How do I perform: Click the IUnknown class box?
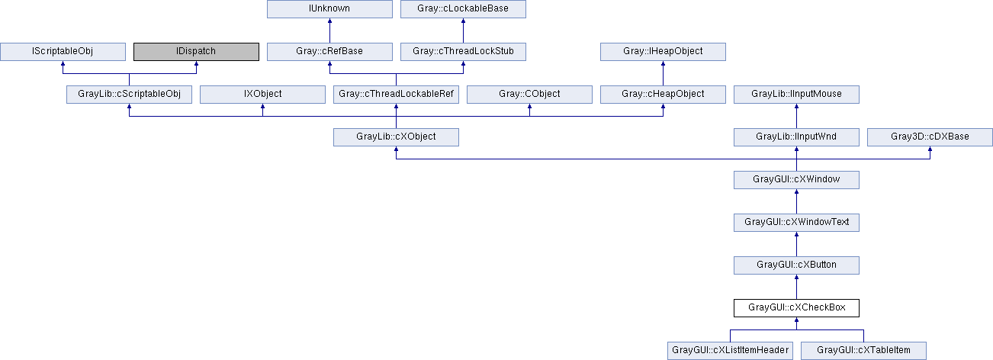coord(329,9)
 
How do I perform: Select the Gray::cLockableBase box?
coord(463,9)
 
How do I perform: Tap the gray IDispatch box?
coord(196,51)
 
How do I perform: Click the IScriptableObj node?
coord(63,51)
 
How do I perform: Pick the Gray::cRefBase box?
coord(329,51)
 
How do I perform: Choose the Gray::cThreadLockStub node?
coord(463,51)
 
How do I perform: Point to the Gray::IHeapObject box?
coord(664,51)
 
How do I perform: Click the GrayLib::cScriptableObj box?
coord(129,95)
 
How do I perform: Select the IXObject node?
coord(262,95)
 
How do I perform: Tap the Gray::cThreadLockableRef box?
coord(396,95)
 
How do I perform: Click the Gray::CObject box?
coord(529,95)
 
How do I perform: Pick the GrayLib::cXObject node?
coord(396,137)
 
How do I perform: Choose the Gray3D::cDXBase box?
coord(930,137)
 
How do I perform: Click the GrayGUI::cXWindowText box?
coord(797,223)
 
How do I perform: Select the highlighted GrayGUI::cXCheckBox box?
coord(797,308)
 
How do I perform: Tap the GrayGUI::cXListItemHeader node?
coord(730,351)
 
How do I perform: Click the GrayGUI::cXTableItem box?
coord(863,351)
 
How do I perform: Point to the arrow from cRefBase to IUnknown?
coord(329,31)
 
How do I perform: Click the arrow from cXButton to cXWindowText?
coord(797,244)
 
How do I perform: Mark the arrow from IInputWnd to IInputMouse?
coord(797,116)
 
